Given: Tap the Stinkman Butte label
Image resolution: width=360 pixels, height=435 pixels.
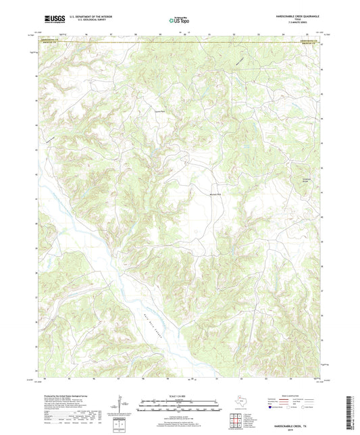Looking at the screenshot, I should pos(305,180).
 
